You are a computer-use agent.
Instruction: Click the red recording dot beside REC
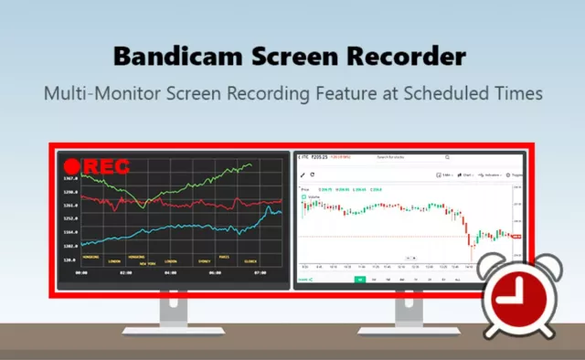[x=72, y=168]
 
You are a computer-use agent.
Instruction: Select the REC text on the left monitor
[x=106, y=168]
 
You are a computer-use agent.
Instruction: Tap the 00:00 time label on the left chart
[x=80, y=271]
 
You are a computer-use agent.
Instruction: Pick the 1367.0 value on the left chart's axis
[x=70, y=179]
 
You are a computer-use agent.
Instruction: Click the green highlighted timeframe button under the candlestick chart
[x=359, y=280]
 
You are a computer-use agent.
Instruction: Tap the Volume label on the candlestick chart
[x=314, y=196]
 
